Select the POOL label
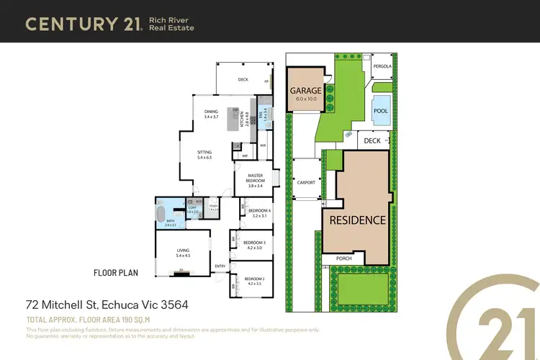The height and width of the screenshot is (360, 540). coord(380,112)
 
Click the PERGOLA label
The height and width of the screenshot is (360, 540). coord(382,66)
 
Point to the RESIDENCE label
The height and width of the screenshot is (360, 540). coord(358,220)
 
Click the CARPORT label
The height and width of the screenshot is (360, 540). coord(306,183)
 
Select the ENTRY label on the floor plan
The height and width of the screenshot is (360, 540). coord(220,266)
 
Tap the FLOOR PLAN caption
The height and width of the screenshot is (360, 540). coord(115,273)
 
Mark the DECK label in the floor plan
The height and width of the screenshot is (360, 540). coord(243,80)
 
